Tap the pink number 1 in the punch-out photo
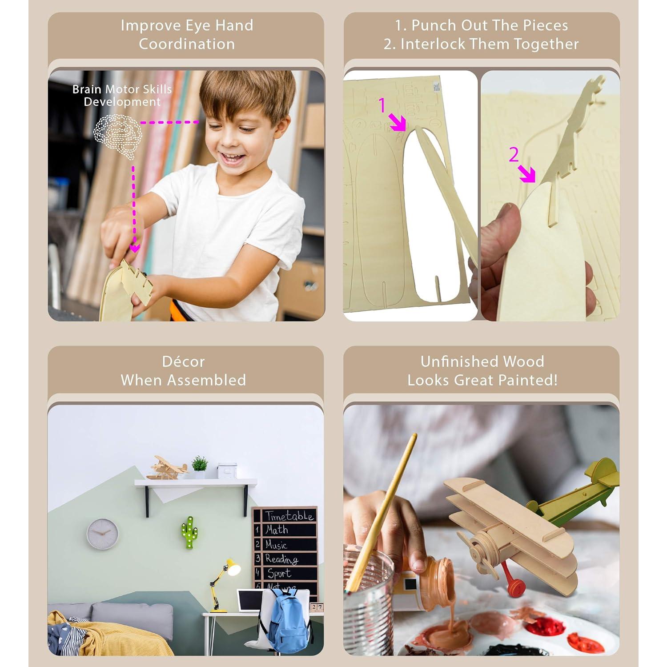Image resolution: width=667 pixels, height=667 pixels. point(382,106)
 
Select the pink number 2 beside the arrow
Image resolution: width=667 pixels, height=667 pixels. point(514,155)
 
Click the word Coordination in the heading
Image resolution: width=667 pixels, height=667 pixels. point(187,44)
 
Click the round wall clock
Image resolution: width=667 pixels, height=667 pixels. point(102,534)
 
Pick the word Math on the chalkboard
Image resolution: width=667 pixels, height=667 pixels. point(277,530)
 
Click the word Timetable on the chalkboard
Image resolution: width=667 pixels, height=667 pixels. point(289,516)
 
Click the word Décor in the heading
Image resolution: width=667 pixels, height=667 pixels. point(183,362)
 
